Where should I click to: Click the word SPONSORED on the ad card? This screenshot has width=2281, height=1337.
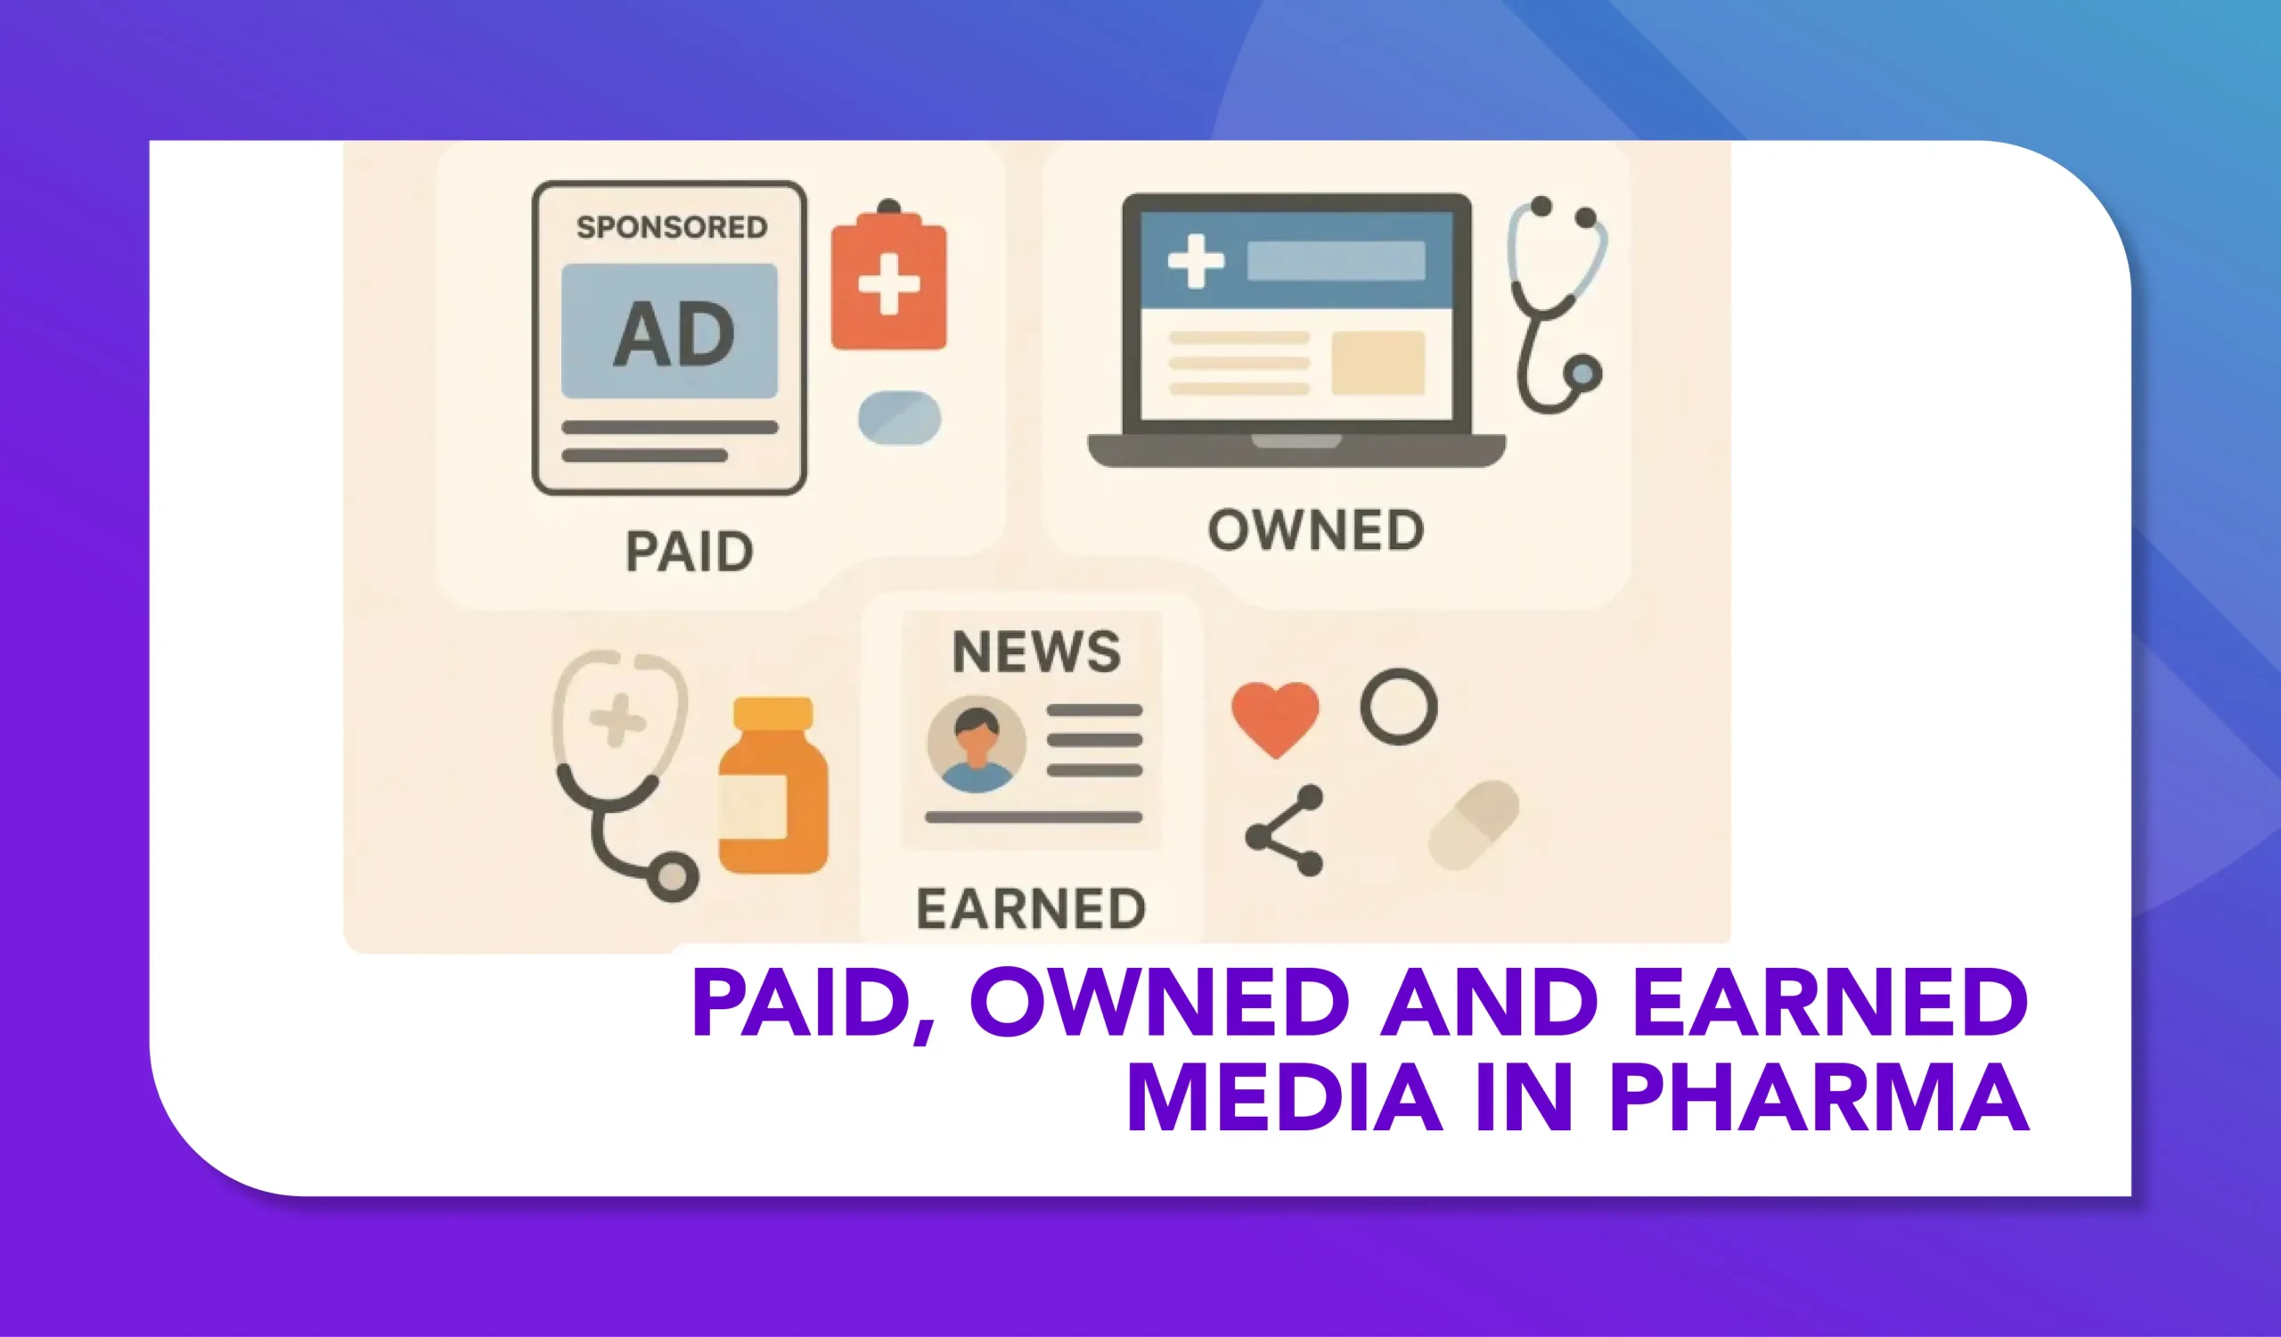click(672, 226)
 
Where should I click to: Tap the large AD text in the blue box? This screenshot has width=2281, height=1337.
click(674, 334)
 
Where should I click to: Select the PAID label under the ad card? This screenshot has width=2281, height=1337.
click(690, 551)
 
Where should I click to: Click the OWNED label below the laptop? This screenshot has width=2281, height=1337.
click(1316, 530)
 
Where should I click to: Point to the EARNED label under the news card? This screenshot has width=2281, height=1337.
click(1031, 909)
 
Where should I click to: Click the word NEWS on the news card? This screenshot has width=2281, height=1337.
click(1036, 651)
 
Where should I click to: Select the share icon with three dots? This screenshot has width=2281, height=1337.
click(1285, 830)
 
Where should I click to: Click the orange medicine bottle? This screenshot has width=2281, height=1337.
click(773, 785)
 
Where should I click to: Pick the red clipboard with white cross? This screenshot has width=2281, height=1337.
click(889, 275)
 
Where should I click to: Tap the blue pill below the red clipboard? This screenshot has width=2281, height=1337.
click(900, 418)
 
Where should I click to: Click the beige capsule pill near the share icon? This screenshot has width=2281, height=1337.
click(1474, 825)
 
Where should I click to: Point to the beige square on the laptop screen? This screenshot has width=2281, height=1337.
click(1378, 363)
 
